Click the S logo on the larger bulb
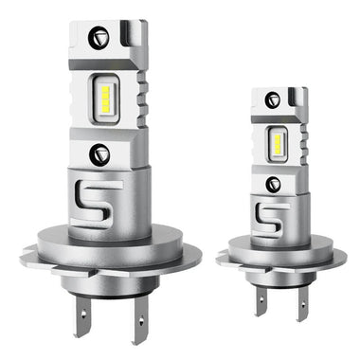(x=98, y=200)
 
